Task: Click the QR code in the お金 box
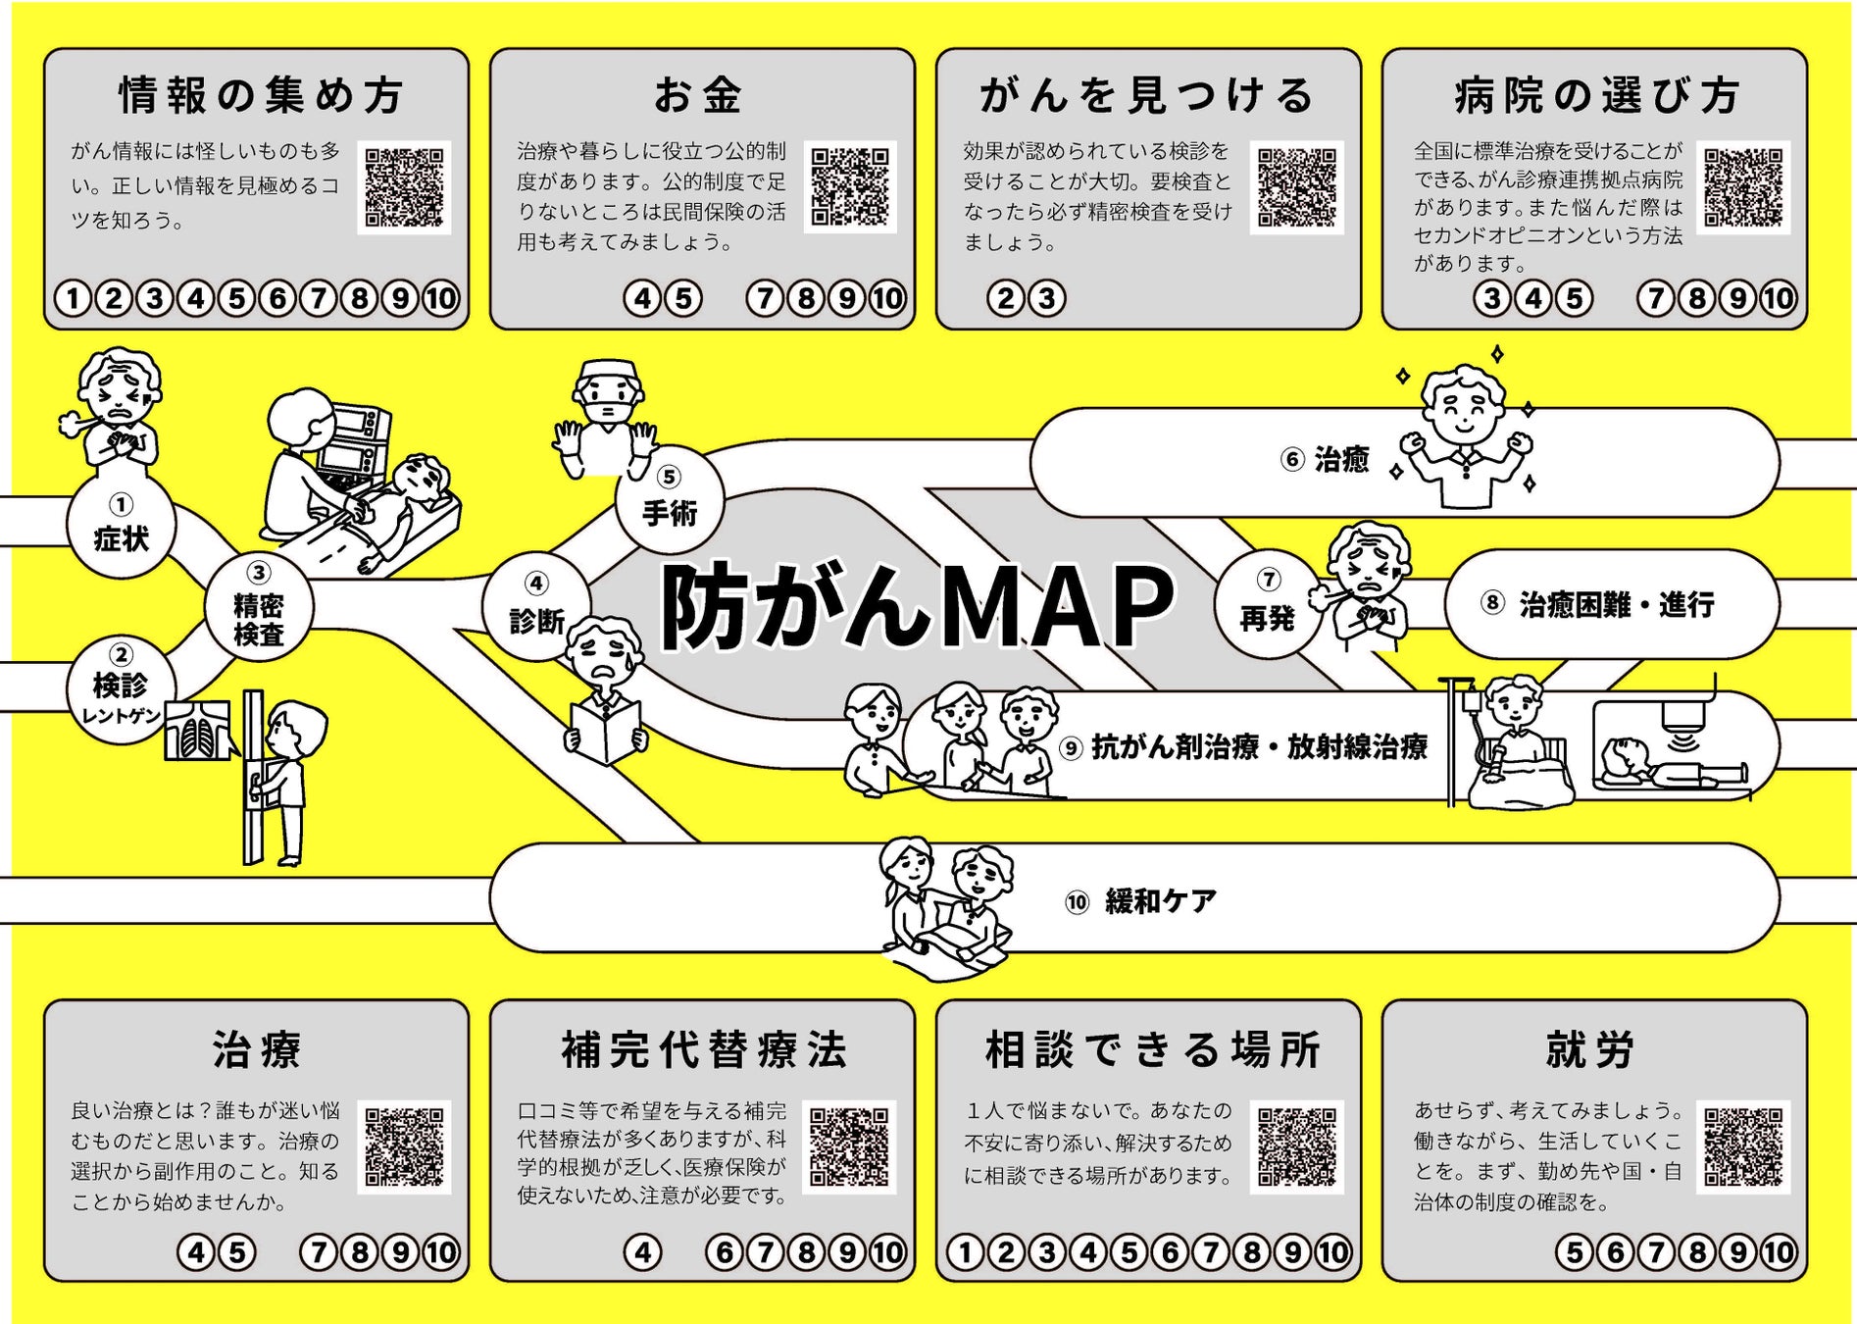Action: (850, 186)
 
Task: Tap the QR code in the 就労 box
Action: (1742, 1146)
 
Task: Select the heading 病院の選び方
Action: (1595, 96)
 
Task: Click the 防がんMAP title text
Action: (917, 606)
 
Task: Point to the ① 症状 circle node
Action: (121, 527)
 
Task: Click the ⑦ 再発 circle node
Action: (1268, 603)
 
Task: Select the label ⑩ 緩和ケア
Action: (1142, 900)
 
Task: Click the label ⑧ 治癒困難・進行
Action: (1598, 604)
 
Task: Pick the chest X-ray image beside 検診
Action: (197, 731)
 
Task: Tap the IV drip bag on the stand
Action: (1471, 700)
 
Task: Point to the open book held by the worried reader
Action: (605, 733)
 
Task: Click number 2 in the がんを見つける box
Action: (1005, 298)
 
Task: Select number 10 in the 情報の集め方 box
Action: (441, 298)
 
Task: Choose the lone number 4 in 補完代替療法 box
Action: (642, 1252)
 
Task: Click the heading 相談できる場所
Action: (1152, 1050)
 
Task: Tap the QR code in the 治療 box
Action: (404, 1146)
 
